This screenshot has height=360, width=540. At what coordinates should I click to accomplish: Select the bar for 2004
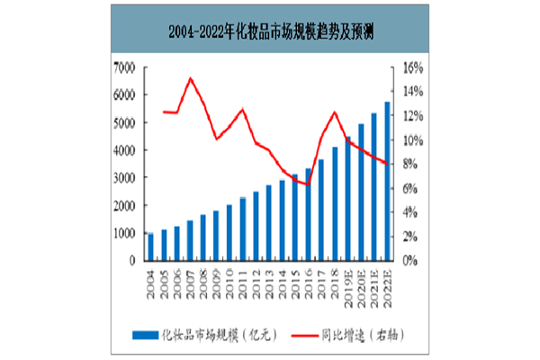tap(150, 247)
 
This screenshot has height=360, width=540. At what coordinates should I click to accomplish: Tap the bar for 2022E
tap(387, 181)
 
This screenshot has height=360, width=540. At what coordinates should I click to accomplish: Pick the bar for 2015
tap(295, 217)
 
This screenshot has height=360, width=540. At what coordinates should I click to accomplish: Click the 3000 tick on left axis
tap(125, 178)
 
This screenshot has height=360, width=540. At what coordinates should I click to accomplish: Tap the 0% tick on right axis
tap(410, 260)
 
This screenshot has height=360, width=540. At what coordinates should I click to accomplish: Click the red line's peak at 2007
tap(191, 78)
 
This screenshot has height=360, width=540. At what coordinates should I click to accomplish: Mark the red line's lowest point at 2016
tap(308, 184)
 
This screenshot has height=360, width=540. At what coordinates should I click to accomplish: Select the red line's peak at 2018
tap(335, 112)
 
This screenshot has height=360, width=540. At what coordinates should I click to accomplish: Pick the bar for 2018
tap(335, 203)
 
